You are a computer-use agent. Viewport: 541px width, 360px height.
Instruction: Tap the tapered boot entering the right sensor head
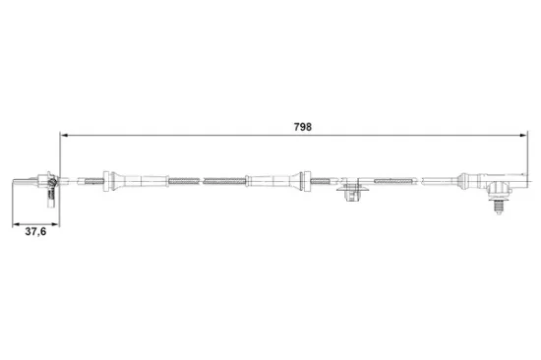coord(472,180)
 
